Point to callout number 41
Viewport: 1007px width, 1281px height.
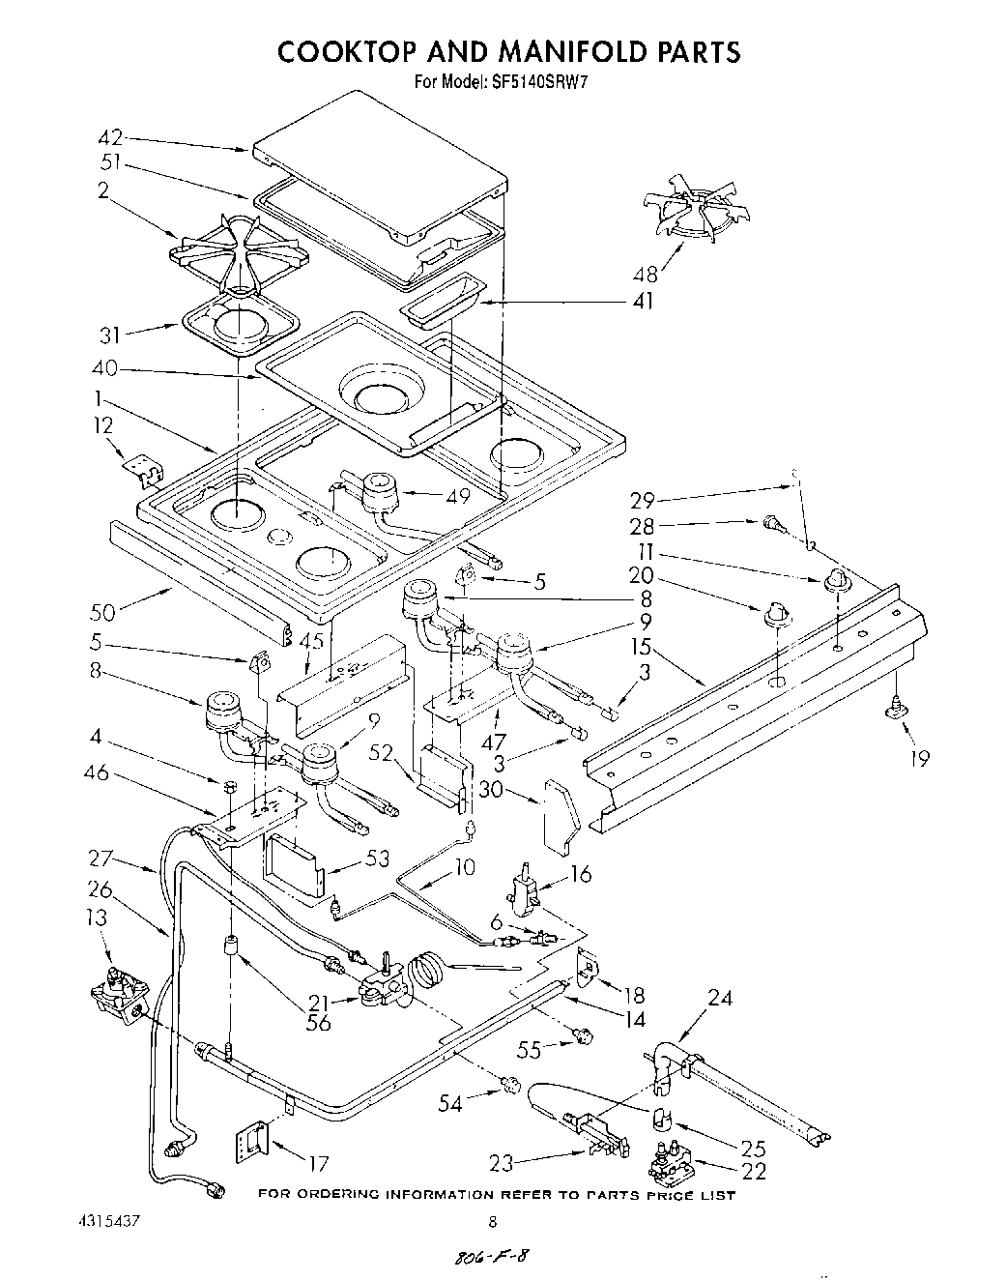(644, 301)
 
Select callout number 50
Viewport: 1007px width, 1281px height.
(102, 611)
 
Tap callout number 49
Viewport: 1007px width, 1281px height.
(458, 496)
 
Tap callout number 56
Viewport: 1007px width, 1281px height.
(318, 1024)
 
